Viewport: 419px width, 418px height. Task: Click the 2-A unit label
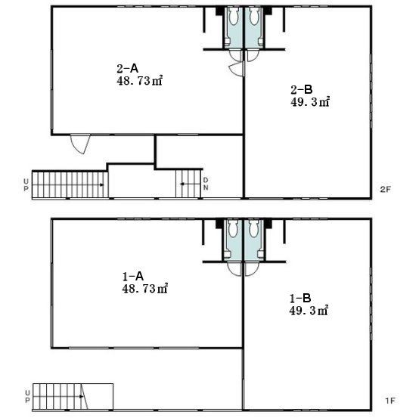click(128, 69)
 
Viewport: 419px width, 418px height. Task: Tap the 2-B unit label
click(302, 90)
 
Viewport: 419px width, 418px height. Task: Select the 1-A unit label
click(133, 277)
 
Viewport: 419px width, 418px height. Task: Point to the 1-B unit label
click(300, 298)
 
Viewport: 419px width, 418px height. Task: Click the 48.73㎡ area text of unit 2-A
click(139, 81)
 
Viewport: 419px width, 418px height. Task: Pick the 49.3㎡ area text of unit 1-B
click(309, 311)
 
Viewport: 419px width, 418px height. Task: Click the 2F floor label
click(385, 190)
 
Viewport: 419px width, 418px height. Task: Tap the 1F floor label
click(390, 401)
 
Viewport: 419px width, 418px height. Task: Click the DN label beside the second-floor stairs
click(206, 184)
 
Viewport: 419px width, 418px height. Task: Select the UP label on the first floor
click(27, 397)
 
